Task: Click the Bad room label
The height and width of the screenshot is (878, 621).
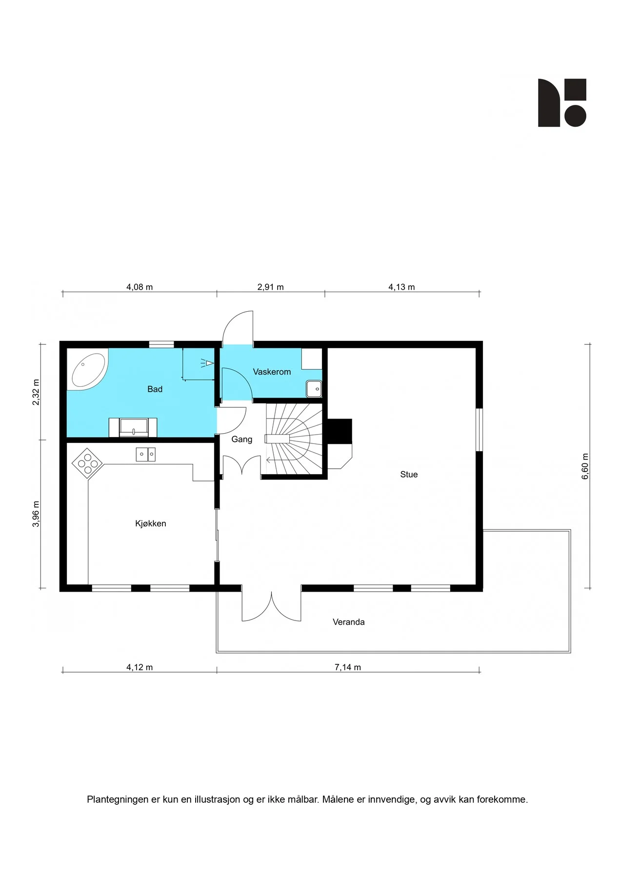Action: [155, 389]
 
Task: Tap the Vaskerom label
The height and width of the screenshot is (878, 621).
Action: [272, 372]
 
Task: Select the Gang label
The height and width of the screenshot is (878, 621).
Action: [241, 439]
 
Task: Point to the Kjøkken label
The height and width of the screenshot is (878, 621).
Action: [151, 524]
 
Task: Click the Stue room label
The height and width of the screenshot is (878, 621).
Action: [409, 475]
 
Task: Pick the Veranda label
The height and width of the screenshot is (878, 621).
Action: [349, 622]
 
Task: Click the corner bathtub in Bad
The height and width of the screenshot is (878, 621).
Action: [88, 371]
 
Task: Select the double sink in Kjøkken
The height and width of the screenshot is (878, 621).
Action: [145, 454]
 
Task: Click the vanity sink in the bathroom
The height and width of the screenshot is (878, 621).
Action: [133, 427]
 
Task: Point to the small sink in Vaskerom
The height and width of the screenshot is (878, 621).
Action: [314, 389]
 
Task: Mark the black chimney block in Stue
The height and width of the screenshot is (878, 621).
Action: [339, 431]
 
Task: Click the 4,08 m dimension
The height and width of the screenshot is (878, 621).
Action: [140, 287]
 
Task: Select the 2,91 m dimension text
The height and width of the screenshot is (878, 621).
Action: [270, 287]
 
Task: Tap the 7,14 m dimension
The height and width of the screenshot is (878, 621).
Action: [348, 667]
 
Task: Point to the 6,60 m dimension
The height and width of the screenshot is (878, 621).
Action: [585, 466]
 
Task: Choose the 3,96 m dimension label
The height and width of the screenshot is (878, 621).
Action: [36, 514]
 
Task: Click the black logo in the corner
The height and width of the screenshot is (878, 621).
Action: [562, 103]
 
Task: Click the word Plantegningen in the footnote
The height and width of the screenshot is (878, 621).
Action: [118, 799]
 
